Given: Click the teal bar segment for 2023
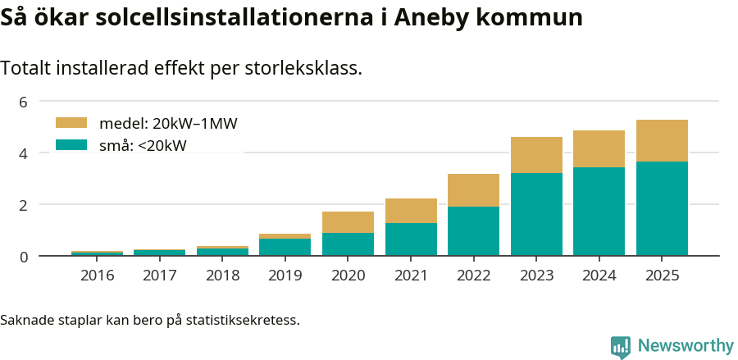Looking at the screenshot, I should (x=536, y=214).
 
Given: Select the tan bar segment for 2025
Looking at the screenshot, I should (x=662, y=141).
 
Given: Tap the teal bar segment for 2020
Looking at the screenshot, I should (x=348, y=244).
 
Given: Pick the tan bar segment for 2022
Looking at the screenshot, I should (x=473, y=190).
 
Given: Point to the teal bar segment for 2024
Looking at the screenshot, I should (x=599, y=212).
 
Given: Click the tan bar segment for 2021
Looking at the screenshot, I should (x=411, y=211).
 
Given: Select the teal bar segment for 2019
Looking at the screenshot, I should (x=285, y=247).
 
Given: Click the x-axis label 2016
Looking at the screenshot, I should (x=97, y=275).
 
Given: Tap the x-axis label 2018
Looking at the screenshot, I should (x=222, y=275).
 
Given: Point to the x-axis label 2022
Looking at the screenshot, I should (x=473, y=275).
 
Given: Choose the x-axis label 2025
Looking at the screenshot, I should (x=662, y=275).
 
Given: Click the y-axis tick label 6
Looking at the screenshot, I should (x=24, y=102).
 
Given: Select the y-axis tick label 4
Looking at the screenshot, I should (x=24, y=153).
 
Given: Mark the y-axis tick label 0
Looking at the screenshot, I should (x=24, y=257).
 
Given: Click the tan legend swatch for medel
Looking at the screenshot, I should (x=71, y=123).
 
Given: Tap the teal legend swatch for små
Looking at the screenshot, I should (x=71, y=144).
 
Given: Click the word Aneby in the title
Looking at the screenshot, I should (x=432, y=17).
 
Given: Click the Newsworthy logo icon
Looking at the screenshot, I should (x=621, y=347).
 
